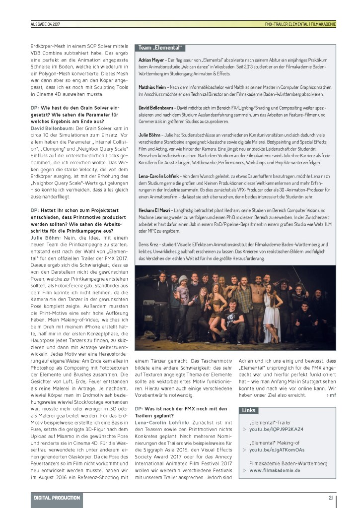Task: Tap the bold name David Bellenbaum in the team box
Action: coord(157,107)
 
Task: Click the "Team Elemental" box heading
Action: coord(161,48)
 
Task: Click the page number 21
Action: coord(330,498)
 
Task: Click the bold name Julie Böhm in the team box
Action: coord(149,134)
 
